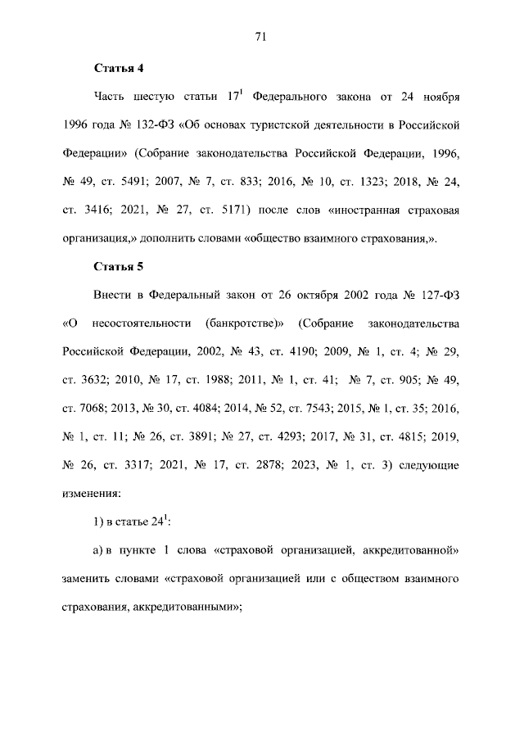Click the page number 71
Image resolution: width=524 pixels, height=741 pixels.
coord(262,36)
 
